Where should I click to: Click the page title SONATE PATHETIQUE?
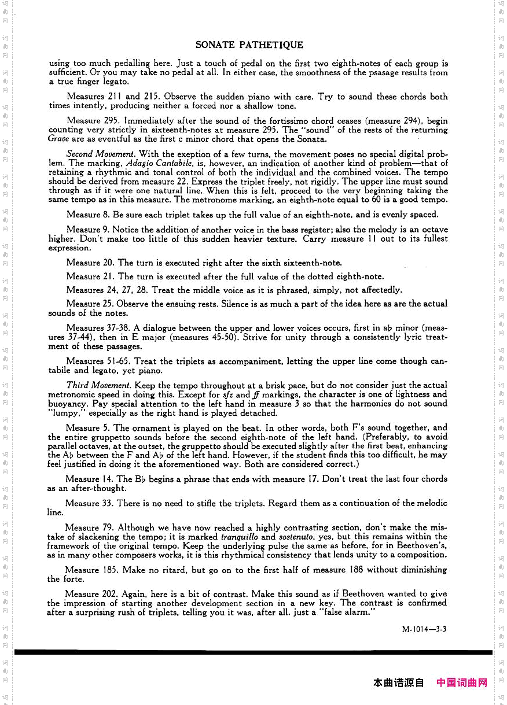coord(249,45)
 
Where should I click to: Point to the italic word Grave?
coord(58,139)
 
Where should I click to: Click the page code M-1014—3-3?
coord(424,629)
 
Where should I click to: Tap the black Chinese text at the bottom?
coord(399,683)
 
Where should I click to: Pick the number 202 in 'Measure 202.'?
coord(110,594)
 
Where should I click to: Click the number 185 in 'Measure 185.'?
coord(110,570)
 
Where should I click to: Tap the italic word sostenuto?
coord(297,537)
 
